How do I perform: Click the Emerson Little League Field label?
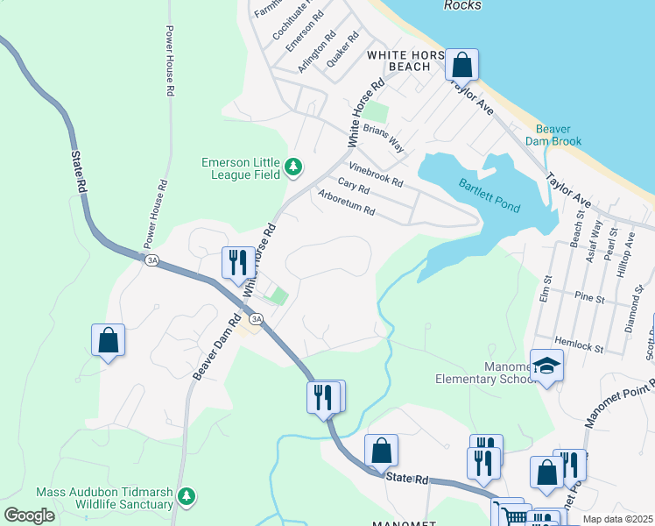(239, 167)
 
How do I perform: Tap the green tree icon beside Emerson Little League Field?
(294, 167)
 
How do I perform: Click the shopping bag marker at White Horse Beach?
(461, 65)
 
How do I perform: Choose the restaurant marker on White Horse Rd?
(238, 261)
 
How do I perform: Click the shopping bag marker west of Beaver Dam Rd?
(108, 340)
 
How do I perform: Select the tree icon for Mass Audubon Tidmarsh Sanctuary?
(186, 497)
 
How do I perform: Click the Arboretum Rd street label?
(346, 203)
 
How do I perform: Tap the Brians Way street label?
(384, 139)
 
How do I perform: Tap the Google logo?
(30, 515)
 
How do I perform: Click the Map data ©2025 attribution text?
(617, 519)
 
